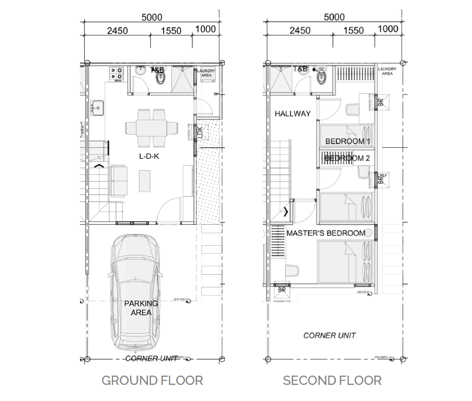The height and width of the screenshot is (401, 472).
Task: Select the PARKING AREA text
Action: coord(141,308)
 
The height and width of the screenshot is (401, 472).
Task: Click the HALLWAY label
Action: coord(292,114)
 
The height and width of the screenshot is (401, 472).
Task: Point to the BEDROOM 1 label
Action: coord(347,141)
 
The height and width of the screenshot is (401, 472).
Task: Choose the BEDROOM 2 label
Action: coord(348,158)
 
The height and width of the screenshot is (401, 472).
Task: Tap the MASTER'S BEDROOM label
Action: coord(326,233)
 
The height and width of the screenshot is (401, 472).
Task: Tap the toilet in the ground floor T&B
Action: coord(160,78)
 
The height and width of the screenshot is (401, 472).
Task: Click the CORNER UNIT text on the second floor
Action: coord(329,335)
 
